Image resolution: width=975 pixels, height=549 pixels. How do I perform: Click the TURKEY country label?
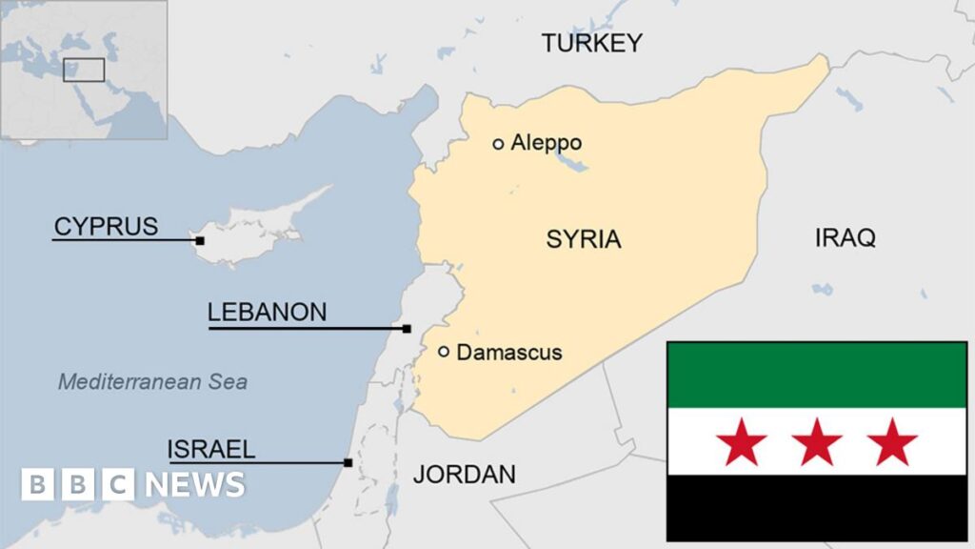tap(591, 43)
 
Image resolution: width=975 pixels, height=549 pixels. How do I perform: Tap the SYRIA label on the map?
tap(583, 239)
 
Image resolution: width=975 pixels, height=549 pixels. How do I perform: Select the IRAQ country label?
tap(845, 237)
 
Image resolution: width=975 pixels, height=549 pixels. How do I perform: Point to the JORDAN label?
tap(465, 474)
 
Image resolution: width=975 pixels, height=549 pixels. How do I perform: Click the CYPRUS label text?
tap(106, 227)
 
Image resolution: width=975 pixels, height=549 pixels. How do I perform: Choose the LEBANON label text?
tap(267, 312)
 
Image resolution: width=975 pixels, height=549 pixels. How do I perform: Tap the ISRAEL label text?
tap(211, 449)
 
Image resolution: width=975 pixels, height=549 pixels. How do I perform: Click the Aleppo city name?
tap(546, 143)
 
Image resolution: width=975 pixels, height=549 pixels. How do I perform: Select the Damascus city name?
tap(509, 353)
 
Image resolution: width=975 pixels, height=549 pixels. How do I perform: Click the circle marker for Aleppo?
tap(498, 144)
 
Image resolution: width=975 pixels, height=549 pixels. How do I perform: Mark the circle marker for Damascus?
tap(444, 352)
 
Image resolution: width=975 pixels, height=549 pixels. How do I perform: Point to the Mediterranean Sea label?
tap(152, 382)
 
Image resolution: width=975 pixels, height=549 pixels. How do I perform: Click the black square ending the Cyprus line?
tap(200, 240)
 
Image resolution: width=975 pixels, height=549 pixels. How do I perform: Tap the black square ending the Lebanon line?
tap(407, 329)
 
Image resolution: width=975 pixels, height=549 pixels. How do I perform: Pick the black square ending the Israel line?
tap(348, 463)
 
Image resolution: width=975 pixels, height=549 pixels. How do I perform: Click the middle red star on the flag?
tap(816, 442)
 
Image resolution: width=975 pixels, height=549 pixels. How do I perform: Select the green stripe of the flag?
tap(816, 375)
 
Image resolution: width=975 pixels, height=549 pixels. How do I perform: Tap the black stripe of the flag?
tap(816, 508)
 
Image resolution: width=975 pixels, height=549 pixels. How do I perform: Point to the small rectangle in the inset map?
tap(84, 71)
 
